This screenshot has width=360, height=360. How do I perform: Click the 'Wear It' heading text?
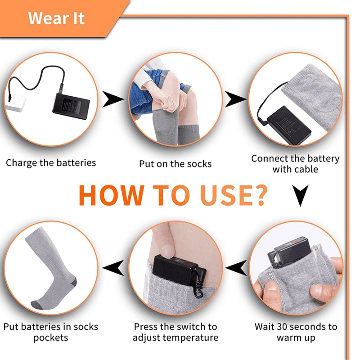(57, 18)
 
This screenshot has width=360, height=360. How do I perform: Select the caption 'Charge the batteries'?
(51, 163)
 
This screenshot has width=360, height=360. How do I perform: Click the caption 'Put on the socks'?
(175, 164)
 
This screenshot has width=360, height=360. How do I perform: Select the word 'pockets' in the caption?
(51, 338)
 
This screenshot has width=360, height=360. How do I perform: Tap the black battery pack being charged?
(71, 107)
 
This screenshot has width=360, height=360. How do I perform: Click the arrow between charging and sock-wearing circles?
(113, 99)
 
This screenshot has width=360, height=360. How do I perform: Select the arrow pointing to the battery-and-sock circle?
(235, 99)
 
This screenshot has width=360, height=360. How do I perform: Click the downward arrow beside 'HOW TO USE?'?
(300, 195)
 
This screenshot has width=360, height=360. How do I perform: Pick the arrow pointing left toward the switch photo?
(237, 268)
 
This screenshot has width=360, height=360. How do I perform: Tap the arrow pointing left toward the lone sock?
(113, 268)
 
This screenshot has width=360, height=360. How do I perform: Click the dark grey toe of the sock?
(37, 305)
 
